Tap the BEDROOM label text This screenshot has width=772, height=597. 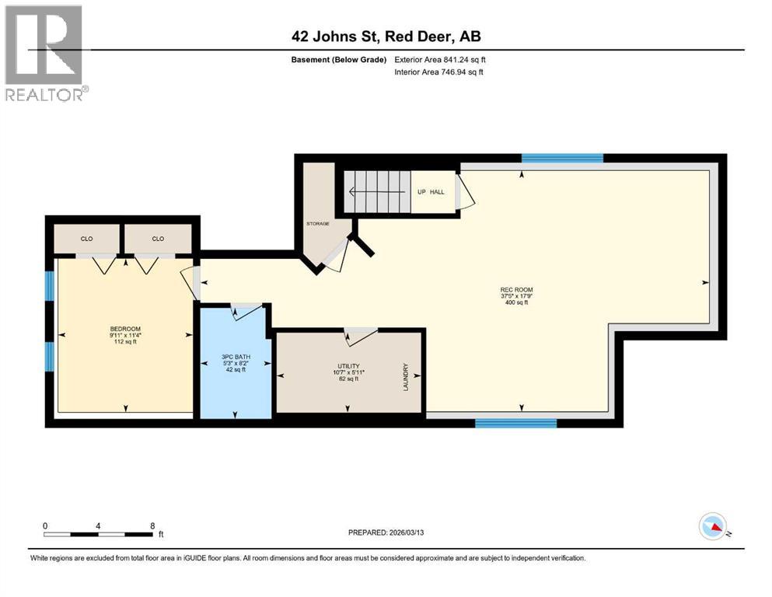coord(125,329)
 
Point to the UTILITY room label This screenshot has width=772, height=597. coord(348,365)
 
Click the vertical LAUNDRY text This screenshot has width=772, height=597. coord(406,376)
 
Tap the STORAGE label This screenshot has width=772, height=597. coord(317,224)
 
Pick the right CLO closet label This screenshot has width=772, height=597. coord(158,239)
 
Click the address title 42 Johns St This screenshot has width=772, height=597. coord(386,37)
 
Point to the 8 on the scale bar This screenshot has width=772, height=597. coord(152,525)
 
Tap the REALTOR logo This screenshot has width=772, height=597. coord(45,53)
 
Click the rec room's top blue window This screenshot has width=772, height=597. coord(562,158)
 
